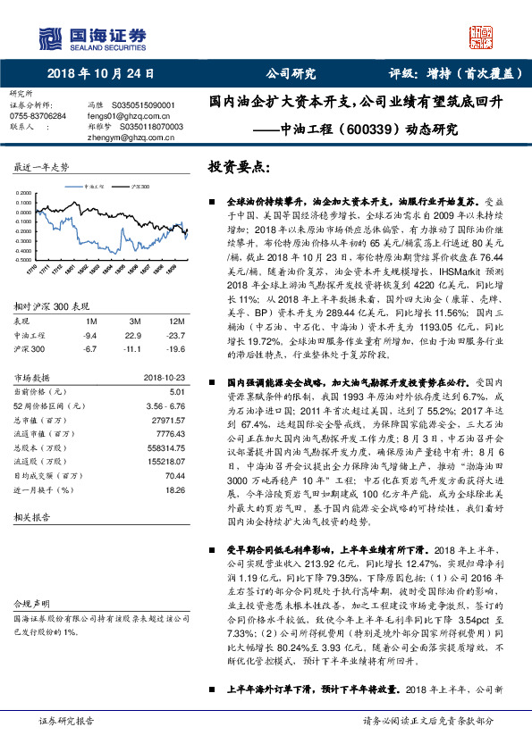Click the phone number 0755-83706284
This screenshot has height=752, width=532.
(38, 116)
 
